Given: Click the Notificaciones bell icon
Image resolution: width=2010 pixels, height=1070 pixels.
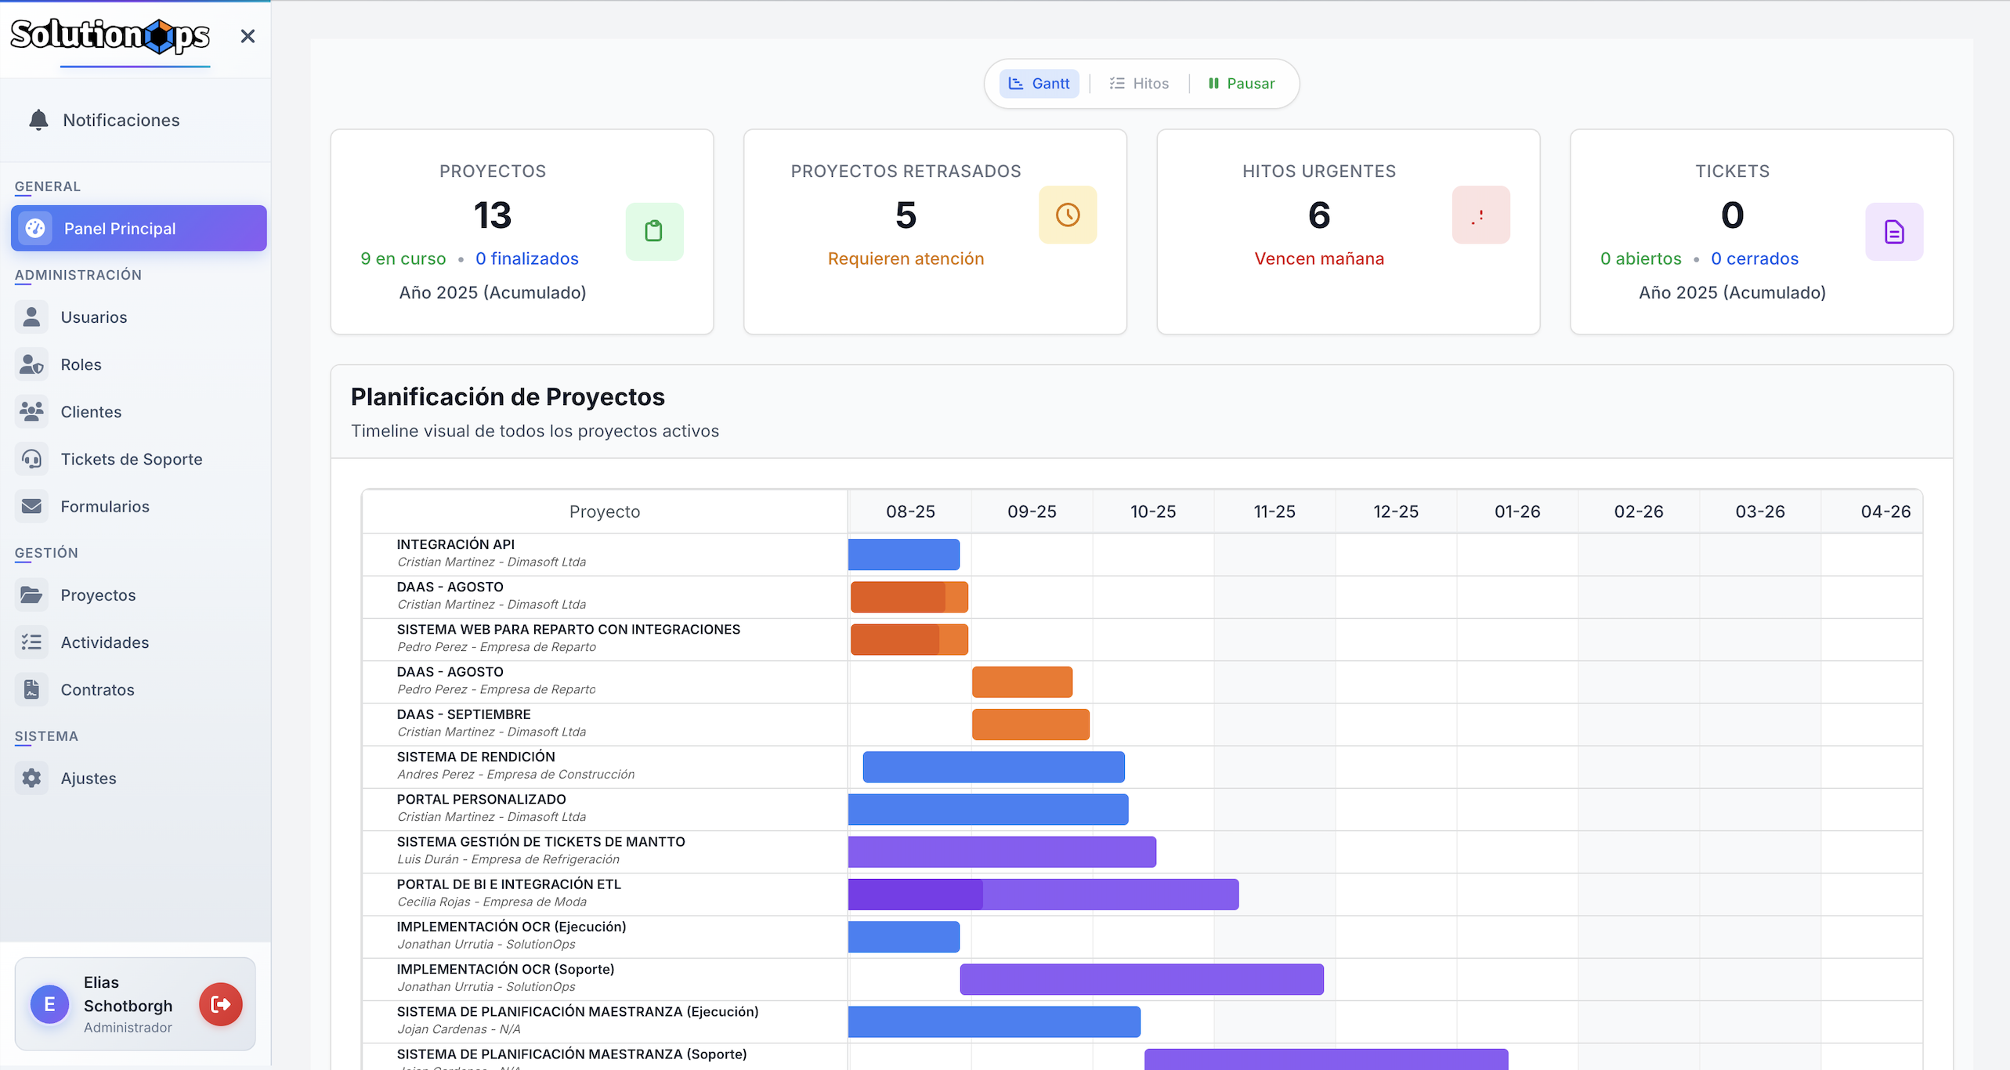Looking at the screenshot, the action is (38, 120).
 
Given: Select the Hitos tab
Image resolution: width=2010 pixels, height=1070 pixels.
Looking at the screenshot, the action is (1139, 83).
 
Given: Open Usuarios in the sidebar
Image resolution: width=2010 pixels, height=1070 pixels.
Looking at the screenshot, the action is (93, 317).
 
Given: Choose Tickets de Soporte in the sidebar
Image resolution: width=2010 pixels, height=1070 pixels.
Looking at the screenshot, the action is (132, 459).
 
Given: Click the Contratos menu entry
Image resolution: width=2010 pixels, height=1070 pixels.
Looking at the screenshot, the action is (97, 689).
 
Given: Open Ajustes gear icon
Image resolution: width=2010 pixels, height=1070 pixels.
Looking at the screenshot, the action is (31, 778).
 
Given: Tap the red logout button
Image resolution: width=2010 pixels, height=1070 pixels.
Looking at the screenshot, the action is (221, 1004).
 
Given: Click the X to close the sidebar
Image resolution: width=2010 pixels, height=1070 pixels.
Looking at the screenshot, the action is (248, 36).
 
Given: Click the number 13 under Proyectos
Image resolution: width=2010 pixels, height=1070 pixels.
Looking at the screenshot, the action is (493, 215).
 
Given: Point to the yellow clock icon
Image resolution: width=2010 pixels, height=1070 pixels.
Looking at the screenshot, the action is (1068, 215).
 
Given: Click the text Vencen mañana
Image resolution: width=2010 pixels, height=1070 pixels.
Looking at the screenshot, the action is (1319, 258).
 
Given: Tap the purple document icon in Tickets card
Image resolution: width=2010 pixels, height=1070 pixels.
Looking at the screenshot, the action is (1894, 232).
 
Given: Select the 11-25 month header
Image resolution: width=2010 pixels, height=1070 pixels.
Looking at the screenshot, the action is (1274, 512).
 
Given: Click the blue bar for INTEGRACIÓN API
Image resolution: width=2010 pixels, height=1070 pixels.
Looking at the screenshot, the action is (904, 555).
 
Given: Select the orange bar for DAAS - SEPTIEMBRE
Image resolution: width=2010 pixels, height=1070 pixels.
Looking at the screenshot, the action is (1031, 725).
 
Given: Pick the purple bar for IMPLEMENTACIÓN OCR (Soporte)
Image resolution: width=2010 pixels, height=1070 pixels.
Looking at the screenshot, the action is (1142, 979).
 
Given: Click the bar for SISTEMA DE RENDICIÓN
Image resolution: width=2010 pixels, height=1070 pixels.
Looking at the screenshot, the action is (994, 767).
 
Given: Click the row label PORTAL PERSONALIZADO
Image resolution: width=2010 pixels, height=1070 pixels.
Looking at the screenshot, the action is (481, 799).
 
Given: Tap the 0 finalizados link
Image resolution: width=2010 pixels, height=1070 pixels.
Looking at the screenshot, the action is (527, 258).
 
